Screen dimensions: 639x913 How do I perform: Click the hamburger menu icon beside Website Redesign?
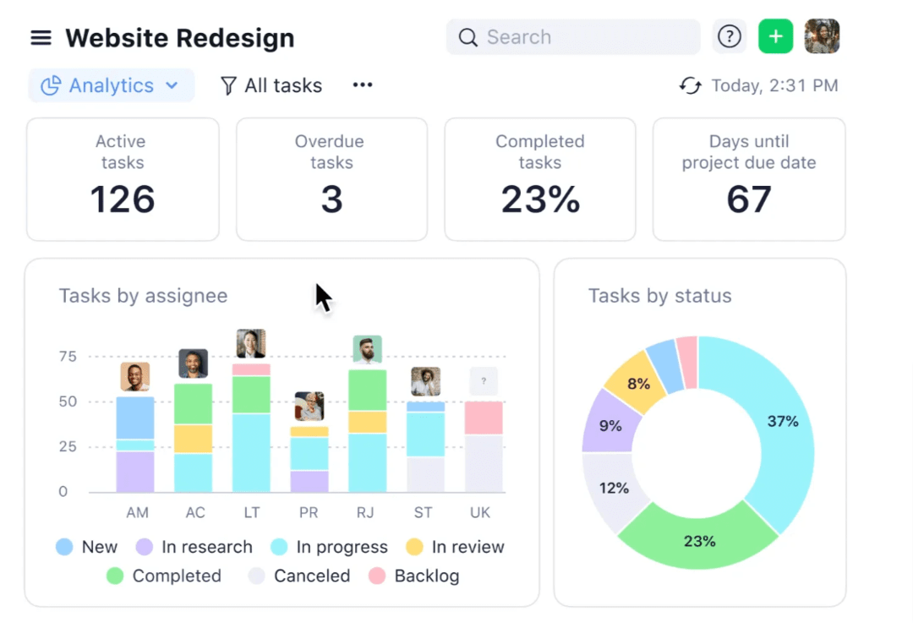point(41,38)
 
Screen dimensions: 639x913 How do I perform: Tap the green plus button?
point(775,37)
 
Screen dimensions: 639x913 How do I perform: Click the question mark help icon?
point(729,37)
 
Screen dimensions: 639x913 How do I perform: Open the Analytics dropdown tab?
point(111,85)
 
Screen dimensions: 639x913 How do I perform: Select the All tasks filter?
point(271,85)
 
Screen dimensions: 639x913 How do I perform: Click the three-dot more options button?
point(363,85)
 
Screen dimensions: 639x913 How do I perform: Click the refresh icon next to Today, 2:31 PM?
point(691,85)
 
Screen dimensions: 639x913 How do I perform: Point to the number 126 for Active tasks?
point(123,199)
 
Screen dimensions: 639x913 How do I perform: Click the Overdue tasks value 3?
point(331,199)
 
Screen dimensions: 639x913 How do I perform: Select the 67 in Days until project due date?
point(749,199)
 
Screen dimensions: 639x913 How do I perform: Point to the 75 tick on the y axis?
point(68,357)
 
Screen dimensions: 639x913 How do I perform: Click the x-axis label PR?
point(309,513)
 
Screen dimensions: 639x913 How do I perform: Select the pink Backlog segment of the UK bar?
point(484,418)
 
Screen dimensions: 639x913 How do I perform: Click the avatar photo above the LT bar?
point(251,344)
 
